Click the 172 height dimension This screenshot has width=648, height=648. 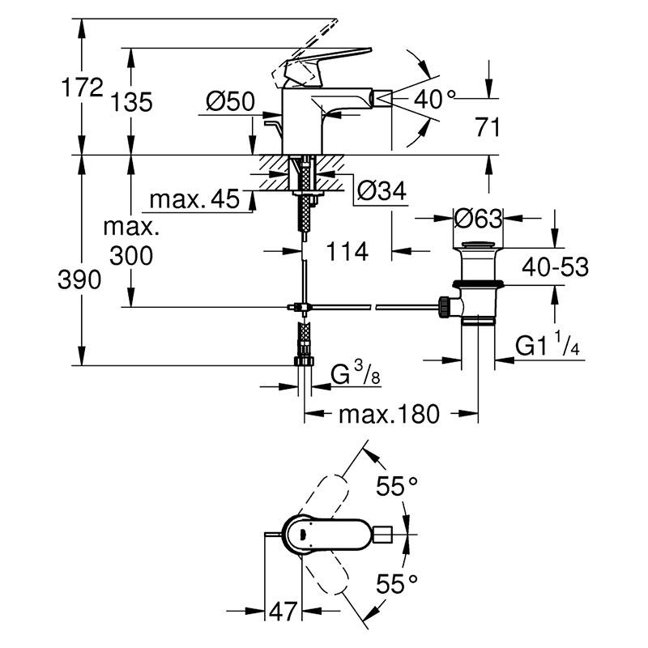[x=82, y=87]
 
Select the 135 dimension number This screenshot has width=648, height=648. [x=131, y=102]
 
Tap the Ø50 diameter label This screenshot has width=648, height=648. [x=230, y=101]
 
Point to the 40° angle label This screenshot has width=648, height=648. [x=434, y=100]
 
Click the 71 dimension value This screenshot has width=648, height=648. [x=488, y=127]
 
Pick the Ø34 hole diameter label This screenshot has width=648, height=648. [x=382, y=191]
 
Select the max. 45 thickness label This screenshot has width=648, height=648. [x=194, y=199]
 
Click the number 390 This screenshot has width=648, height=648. [x=79, y=279]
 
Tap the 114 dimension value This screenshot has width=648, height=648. [x=347, y=251]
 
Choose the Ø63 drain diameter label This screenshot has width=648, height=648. [x=478, y=218]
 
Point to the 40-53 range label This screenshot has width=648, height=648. [x=555, y=267]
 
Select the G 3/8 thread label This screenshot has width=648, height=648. [x=356, y=374]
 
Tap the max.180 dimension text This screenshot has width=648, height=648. [x=389, y=414]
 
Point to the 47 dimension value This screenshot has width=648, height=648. [x=283, y=612]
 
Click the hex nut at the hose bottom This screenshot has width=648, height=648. [x=305, y=361]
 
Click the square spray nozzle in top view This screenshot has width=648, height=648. [x=382, y=535]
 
